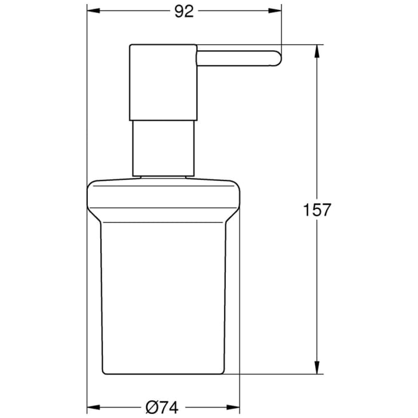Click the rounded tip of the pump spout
[276, 58]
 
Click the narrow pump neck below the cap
[163, 146]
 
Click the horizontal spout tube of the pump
[236, 58]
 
